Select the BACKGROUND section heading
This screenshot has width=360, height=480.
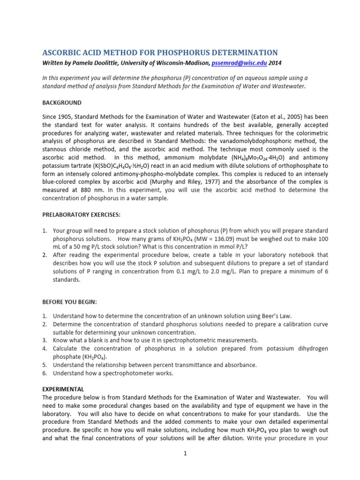tap(62, 103)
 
